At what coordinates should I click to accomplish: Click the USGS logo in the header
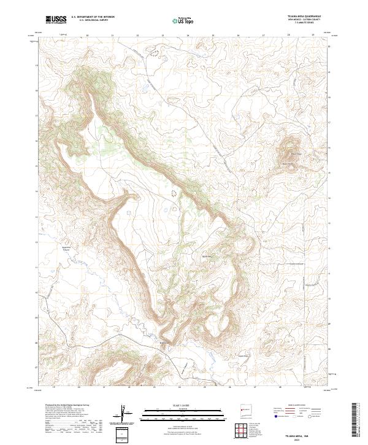[56, 20]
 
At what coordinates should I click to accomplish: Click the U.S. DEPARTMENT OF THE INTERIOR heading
[93, 17]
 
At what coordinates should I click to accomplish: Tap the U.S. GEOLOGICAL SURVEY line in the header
[93, 20]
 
